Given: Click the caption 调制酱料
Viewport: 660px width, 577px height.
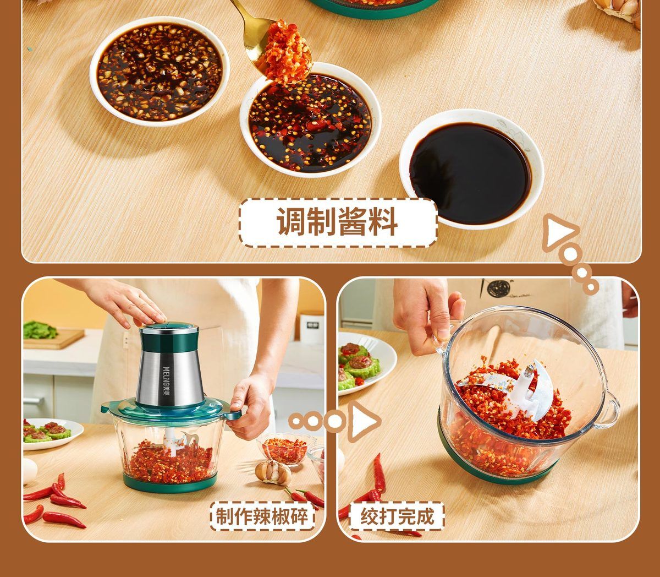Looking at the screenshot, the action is (x=337, y=222).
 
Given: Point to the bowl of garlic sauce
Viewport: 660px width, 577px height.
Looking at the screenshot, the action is (x=160, y=70).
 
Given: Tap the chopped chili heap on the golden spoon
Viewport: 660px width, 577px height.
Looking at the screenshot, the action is (x=285, y=53).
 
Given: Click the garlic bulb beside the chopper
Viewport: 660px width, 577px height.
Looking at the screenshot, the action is (x=273, y=473).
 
